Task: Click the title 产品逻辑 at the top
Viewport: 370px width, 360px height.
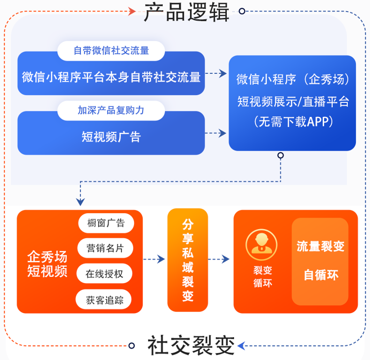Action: (x=187, y=12)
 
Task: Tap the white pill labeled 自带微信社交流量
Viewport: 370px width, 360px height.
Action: (x=111, y=50)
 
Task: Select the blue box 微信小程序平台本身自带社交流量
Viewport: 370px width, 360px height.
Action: (x=111, y=77)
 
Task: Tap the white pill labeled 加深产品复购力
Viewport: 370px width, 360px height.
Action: (x=111, y=110)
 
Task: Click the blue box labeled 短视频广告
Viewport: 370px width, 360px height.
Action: (x=111, y=137)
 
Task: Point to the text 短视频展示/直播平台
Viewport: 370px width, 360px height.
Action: (x=293, y=101)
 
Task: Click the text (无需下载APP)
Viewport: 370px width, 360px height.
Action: (x=293, y=122)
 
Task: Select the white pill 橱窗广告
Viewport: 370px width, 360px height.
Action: (x=105, y=223)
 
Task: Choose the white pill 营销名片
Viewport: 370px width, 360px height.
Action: (x=105, y=248)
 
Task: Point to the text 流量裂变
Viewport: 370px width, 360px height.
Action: (x=320, y=246)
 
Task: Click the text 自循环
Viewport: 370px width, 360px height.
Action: (x=320, y=275)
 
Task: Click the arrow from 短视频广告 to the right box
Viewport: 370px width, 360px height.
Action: (x=216, y=133)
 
